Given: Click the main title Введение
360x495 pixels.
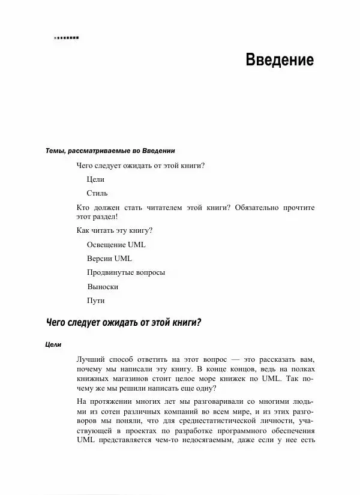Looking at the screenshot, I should tap(280, 61).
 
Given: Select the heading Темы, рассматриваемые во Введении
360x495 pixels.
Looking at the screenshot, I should tap(110, 150).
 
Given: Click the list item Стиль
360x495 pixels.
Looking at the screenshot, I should tap(97, 193).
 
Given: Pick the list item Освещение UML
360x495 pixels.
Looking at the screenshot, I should tap(116, 245).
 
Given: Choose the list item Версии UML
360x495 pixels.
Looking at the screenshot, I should tap(109, 259).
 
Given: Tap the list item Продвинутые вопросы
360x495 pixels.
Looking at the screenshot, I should tap(125, 272).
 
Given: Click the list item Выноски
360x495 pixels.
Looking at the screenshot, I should tap(103, 287).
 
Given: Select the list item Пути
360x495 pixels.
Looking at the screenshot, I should tap(96, 301).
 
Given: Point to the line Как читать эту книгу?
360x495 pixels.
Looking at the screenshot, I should tap(115, 230).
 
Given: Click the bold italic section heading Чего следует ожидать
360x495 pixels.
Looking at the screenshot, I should tap(123, 323).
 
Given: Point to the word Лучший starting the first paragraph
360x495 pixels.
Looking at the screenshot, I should tap(92, 359).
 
